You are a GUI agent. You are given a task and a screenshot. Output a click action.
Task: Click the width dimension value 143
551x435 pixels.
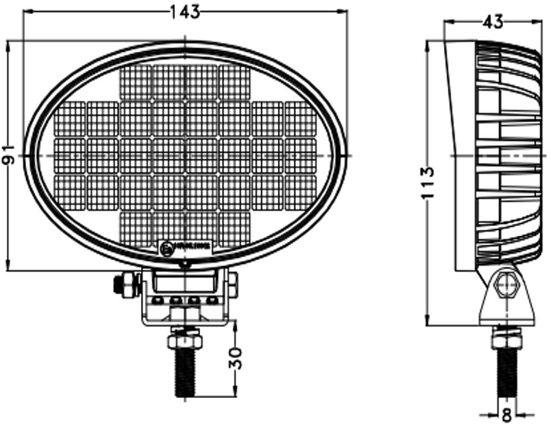[184, 11]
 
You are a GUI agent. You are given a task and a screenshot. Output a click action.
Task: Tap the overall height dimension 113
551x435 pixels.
[427, 183]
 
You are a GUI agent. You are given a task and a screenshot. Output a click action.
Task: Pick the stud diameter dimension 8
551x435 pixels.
[506, 413]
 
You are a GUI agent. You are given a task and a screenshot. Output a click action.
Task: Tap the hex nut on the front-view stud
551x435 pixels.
[184, 340]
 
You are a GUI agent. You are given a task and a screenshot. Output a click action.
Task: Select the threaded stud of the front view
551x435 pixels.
[184, 374]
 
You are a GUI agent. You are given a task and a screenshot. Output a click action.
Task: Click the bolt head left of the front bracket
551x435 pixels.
[123, 284]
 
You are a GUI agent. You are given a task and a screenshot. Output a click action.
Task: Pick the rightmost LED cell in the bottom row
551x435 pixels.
[234, 228]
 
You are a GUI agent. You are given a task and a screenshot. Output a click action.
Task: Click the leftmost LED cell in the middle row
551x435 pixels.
[70, 155]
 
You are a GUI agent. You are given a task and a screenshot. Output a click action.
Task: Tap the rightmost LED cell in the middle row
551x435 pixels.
[300, 155]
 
